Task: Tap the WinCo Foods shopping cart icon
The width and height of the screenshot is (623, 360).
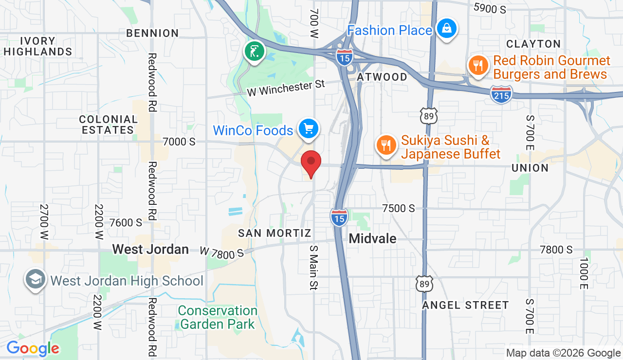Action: pos(308,129)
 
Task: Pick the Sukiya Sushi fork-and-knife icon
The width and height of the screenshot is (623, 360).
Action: pos(386,145)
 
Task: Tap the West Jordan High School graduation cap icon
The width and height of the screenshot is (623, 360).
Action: pos(36,280)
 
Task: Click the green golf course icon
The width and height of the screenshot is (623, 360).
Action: pos(254,51)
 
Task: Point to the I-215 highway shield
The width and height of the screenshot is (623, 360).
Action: pos(501,94)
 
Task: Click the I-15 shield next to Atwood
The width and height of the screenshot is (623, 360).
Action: pos(344,56)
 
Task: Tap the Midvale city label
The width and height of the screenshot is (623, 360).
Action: pos(372,238)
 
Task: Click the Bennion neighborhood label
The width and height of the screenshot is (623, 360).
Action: pos(152,33)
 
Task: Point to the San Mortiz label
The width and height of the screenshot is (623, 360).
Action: pos(275,234)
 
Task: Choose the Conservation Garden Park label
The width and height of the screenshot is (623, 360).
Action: pos(218,317)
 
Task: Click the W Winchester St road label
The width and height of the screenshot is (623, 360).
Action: pos(285,88)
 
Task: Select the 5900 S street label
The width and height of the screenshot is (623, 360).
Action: pos(490,8)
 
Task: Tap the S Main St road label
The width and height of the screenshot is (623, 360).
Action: pos(313,268)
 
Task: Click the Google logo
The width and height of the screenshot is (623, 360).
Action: pos(33,348)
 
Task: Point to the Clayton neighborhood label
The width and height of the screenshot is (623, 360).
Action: pos(533,44)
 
